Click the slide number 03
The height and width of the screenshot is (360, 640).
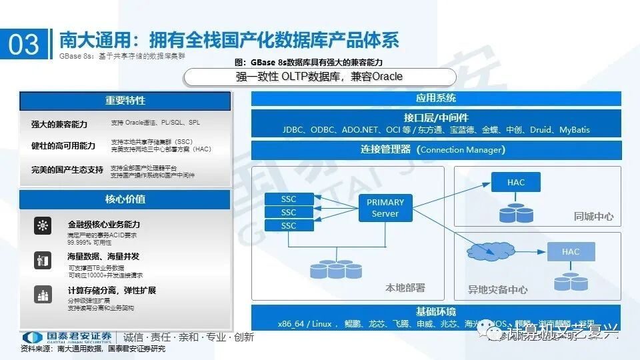point(24,45)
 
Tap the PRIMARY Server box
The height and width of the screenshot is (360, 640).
point(385,208)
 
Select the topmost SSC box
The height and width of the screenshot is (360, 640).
point(288,199)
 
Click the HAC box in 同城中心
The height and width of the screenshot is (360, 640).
point(515,182)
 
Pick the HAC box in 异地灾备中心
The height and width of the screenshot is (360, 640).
point(571,251)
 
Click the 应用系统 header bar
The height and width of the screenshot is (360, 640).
point(436,98)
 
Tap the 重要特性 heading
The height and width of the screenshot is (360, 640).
point(125,101)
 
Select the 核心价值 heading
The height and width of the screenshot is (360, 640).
point(125,199)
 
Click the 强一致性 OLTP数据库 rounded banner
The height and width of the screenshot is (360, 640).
point(319,77)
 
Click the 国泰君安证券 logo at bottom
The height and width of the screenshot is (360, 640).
point(67,337)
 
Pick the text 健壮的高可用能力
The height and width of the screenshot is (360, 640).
point(63,146)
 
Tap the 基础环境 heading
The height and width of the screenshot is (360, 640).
point(436,311)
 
